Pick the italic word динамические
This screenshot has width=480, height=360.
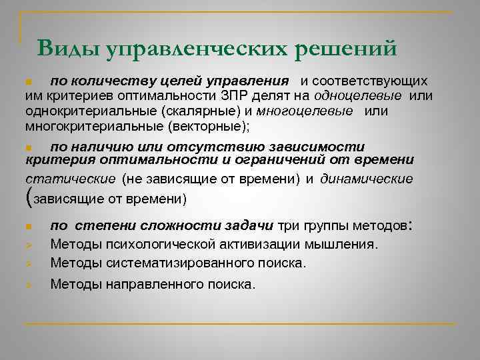(x=366, y=179)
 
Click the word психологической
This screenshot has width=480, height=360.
(x=158, y=244)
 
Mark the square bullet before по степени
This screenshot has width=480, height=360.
(x=28, y=226)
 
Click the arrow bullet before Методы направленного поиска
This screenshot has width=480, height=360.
(x=28, y=285)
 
